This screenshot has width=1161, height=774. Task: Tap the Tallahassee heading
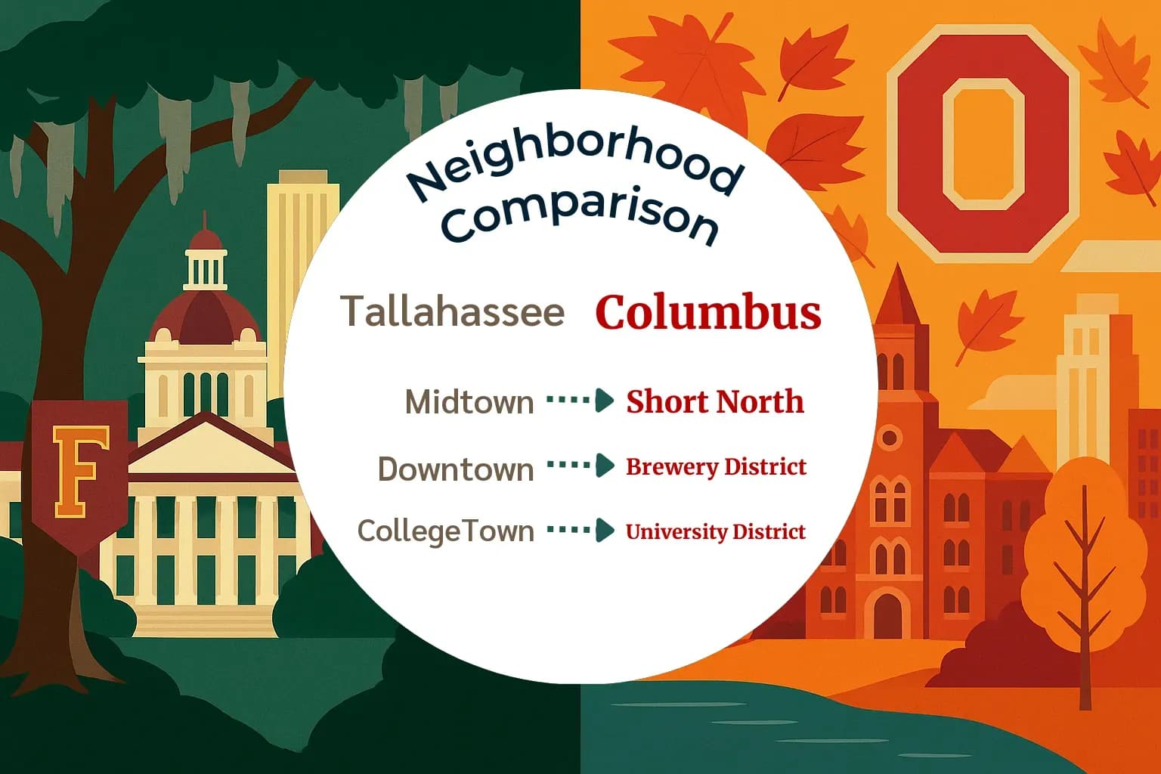tap(452, 311)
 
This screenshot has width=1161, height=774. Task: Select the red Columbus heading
tap(707, 312)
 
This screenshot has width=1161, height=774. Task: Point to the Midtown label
tap(469, 401)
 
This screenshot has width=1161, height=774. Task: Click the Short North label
tap(714, 401)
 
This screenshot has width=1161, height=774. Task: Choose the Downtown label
tap(456, 469)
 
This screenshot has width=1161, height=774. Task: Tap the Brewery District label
tap(716, 466)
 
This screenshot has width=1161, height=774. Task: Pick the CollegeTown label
tap(446, 531)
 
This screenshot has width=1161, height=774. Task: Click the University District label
tap(715, 531)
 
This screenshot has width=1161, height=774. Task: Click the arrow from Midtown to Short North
tap(580, 400)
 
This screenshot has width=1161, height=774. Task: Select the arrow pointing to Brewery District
tap(580, 465)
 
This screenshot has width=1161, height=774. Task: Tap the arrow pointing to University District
tap(580, 530)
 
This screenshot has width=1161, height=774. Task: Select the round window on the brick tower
tap(890, 437)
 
